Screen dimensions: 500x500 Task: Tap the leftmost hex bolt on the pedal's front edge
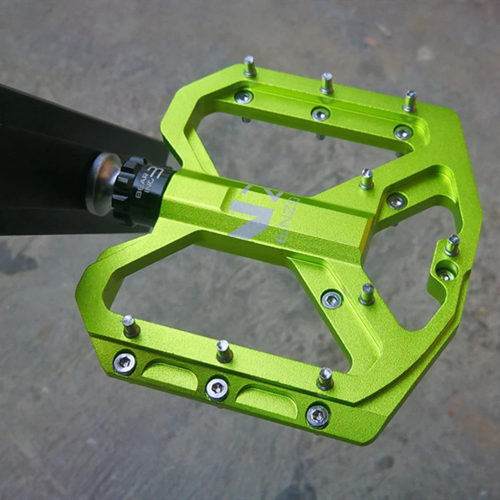tap(124, 363)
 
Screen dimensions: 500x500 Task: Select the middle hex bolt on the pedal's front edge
tap(217, 388)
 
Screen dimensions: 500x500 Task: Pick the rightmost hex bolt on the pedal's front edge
tap(318, 415)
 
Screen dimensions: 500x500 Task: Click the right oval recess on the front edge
tap(266, 402)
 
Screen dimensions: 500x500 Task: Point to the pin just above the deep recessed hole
tap(452, 245)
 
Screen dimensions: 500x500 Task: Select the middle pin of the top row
tap(327, 83)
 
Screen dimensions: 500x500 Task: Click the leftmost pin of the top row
tap(250, 66)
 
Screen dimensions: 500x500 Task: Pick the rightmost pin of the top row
tap(410, 101)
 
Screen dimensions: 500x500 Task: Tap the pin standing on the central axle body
tap(367, 179)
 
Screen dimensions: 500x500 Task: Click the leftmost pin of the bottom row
tap(130, 326)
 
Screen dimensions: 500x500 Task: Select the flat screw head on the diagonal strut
tap(331, 299)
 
